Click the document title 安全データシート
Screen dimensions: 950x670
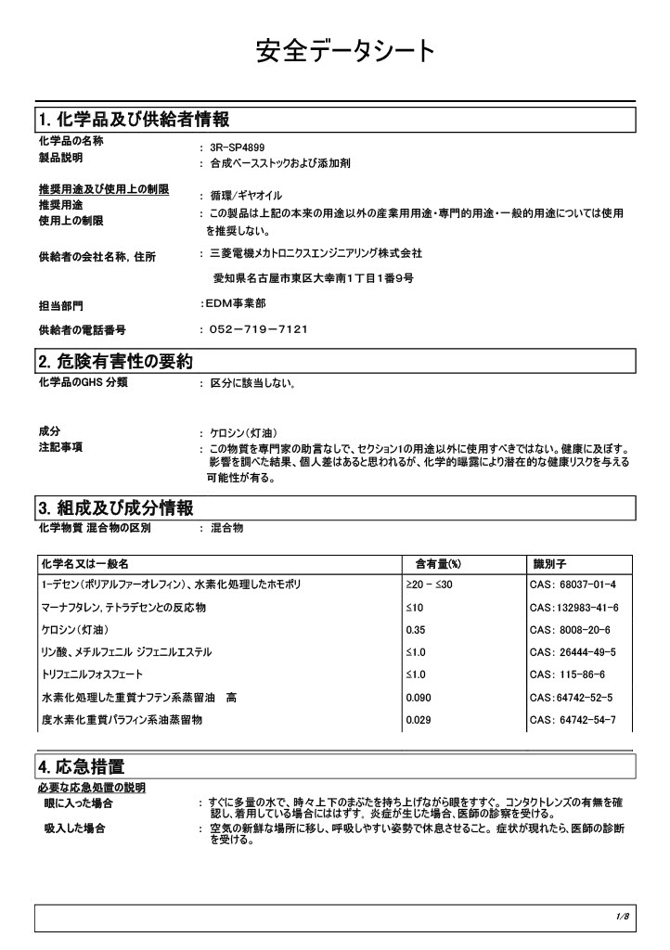344,52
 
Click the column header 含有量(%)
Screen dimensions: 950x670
438,564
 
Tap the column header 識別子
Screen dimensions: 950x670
550,564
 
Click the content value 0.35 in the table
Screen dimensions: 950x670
415,629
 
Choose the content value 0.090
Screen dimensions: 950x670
419,697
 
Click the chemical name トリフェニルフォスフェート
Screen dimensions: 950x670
93,674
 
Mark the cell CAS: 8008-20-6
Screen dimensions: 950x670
570,629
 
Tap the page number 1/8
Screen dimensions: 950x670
623,918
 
